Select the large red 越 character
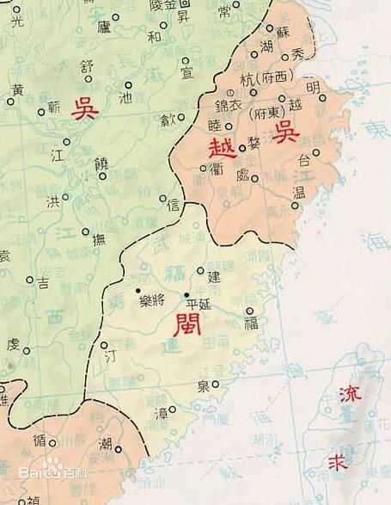pos(220,146)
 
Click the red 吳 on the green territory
pos(84,110)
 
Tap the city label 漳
pos(161,414)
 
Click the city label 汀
pos(108,354)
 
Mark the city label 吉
pos(43,281)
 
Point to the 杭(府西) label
pos(266,77)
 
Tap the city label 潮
pos(105,444)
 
